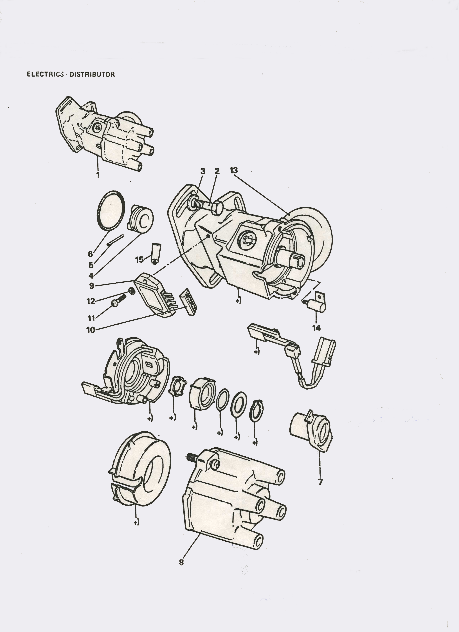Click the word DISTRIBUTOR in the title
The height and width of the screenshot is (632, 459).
pos(92,74)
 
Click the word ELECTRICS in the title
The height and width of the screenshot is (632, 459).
pos(45,74)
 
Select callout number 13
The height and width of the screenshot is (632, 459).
pos(234,170)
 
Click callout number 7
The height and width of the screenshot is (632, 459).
pos(320,482)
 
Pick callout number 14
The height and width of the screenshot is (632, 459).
pos(316,328)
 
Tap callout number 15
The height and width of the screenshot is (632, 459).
pos(139,260)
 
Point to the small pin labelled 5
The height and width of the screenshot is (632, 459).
pos(115,240)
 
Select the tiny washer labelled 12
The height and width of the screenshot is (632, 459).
pos(132,291)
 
